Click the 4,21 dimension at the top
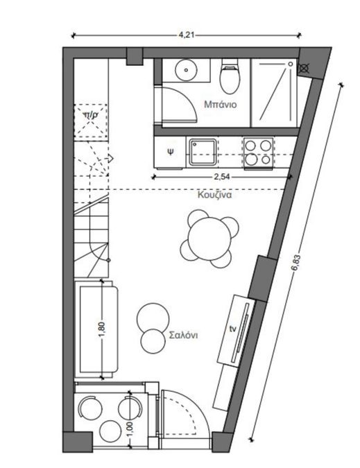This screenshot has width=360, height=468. pyautogui.click(x=187, y=35)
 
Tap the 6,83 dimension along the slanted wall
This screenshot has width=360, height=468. pyautogui.click(x=295, y=262)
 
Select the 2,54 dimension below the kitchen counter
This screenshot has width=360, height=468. pyautogui.click(x=222, y=177)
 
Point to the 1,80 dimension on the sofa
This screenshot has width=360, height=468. pyautogui.click(x=102, y=330)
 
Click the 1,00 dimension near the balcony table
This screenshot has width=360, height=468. pyautogui.click(x=130, y=429)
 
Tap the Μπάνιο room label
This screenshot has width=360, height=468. pyautogui.click(x=221, y=104)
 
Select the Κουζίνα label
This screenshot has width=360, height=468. pyautogui.click(x=214, y=196)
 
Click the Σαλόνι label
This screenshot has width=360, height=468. pyautogui.click(x=183, y=335)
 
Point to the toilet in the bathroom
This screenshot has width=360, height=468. pyautogui.click(x=230, y=76)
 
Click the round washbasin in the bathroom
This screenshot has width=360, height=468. pyautogui.click(x=187, y=70)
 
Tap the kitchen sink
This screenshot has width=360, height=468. pyautogui.click(x=203, y=152)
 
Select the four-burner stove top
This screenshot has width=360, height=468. pyautogui.click(x=258, y=153)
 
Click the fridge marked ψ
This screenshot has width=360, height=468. pyautogui.click(x=170, y=152)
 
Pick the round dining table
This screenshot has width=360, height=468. pyautogui.click(x=210, y=238)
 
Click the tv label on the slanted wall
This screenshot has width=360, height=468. pyautogui.click(x=232, y=329)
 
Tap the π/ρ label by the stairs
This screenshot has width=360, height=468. pyautogui.click(x=90, y=114)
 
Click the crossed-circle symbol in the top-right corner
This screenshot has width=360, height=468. pyautogui.click(x=304, y=69)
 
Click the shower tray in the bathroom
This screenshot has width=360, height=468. pyautogui.click(x=273, y=92)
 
